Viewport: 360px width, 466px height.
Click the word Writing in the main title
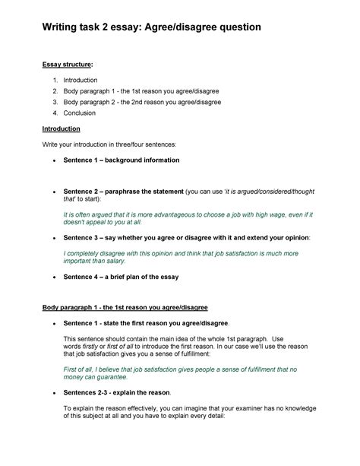tap(63, 27)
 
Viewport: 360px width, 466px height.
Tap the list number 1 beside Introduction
tap(55, 80)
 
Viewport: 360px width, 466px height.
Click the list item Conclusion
tap(80, 113)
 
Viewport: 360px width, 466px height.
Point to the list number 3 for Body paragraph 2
tap(55, 102)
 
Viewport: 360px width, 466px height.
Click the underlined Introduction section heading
tap(66, 128)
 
